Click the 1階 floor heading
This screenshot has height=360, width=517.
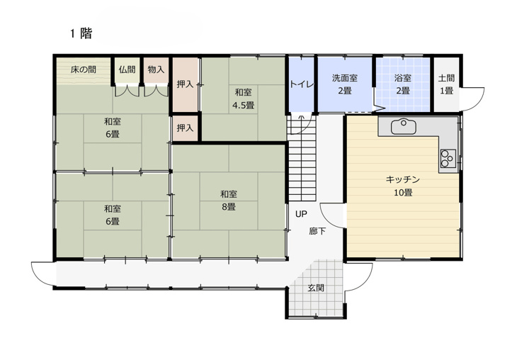click(x=81, y=33)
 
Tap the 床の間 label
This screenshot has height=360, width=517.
click(x=83, y=69)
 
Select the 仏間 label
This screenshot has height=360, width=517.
click(x=127, y=69)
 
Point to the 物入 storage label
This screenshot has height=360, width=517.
click(x=156, y=69)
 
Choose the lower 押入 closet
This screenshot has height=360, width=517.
click(x=185, y=128)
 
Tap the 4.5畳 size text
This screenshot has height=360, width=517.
click(x=244, y=106)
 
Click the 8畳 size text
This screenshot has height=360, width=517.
click(x=228, y=207)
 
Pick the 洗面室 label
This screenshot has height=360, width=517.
click(x=345, y=78)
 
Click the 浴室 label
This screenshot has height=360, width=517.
click(x=402, y=78)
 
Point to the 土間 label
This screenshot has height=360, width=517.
click(x=446, y=78)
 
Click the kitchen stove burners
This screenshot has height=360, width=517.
click(x=448, y=158)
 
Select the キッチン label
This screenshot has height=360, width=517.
click(x=403, y=179)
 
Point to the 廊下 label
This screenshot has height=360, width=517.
click(x=317, y=231)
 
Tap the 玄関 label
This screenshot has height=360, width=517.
click(x=316, y=288)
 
